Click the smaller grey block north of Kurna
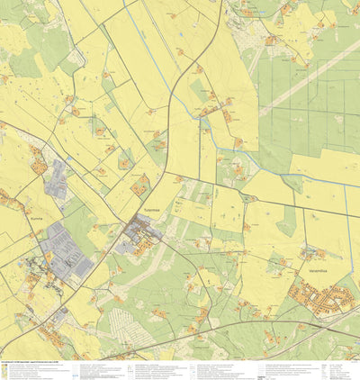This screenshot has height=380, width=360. click(56, 178)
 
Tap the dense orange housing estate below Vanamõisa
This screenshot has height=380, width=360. click(324, 298)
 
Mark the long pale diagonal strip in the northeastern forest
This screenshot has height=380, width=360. click(306, 72)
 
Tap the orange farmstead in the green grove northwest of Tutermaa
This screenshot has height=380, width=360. click(140, 185)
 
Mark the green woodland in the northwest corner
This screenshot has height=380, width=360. click(27, 54)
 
